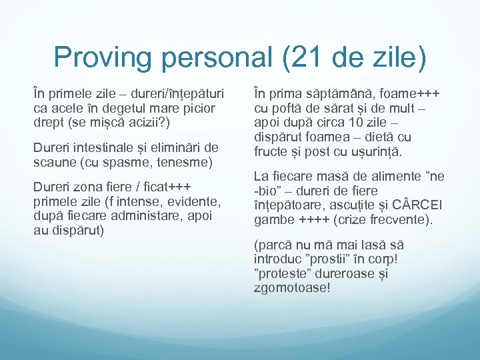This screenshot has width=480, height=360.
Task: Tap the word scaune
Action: pyautogui.click(x=53, y=162)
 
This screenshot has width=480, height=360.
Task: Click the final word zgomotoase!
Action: pyautogui.click(x=291, y=288)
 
